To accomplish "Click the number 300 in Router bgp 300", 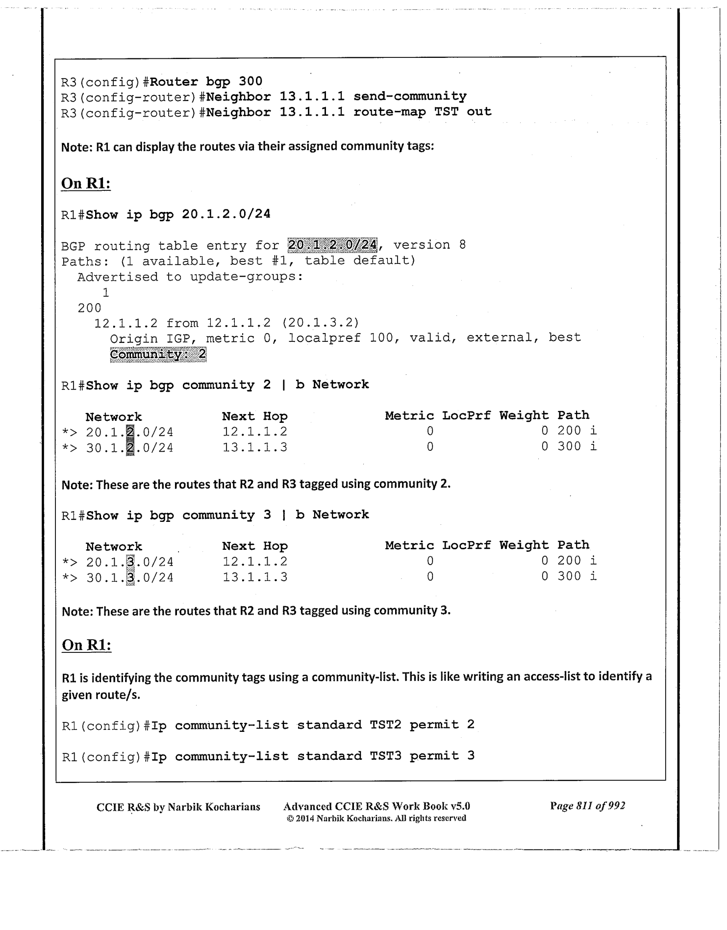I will point(250,81).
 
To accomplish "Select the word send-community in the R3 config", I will point(410,96).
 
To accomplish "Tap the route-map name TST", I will point(446,112).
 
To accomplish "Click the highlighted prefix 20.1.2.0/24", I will point(332,245).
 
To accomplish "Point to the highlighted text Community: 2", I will point(158,354).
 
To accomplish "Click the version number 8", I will point(462,245).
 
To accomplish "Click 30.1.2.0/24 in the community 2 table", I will point(129,448).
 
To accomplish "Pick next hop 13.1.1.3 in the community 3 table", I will point(255,577).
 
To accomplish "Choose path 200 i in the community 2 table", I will point(577,431).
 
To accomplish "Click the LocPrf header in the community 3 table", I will point(466,545).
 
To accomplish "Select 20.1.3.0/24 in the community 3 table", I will point(129,562).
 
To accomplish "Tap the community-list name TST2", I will point(385,725).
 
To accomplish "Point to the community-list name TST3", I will point(385,756).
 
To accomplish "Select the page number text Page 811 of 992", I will point(587,805).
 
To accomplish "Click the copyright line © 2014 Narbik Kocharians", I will point(375,818).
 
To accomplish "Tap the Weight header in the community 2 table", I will point(524,415).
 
